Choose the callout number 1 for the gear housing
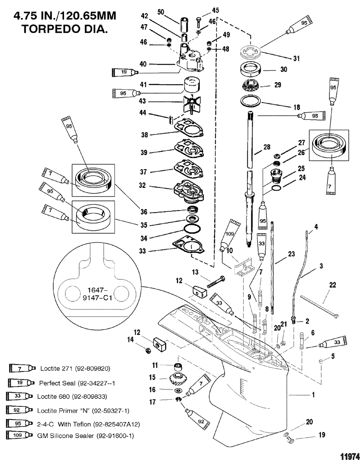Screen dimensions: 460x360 [x=313, y=395]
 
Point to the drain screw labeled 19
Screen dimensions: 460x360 [x=290, y=440]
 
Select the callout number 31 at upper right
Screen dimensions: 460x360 [x=296, y=59]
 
